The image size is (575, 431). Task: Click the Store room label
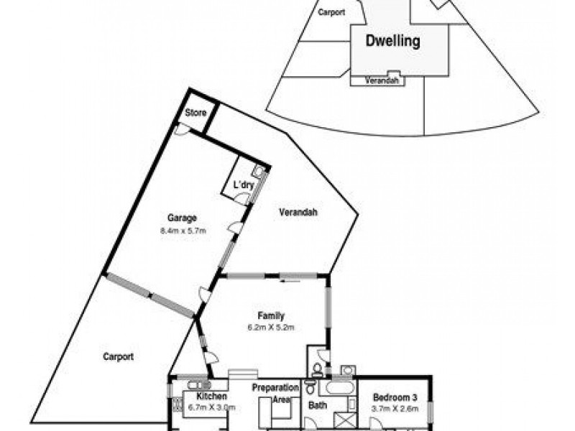pyautogui.click(x=196, y=113)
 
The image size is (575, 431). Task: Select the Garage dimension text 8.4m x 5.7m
pyautogui.click(x=183, y=231)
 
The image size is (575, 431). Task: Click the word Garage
pyautogui.click(x=183, y=218)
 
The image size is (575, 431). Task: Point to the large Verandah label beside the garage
pyautogui.click(x=299, y=212)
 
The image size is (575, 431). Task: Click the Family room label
pyautogui.click(x=272, y=315)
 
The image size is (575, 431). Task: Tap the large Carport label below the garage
pyautogui.click(x=118, y=356)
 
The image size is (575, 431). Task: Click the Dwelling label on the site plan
pyautogui.click(x=392, y=42)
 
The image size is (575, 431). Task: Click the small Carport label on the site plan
pyautogui.click(x=331, y=12)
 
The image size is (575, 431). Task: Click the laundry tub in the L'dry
pyautogui.click(x=257, y=172)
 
